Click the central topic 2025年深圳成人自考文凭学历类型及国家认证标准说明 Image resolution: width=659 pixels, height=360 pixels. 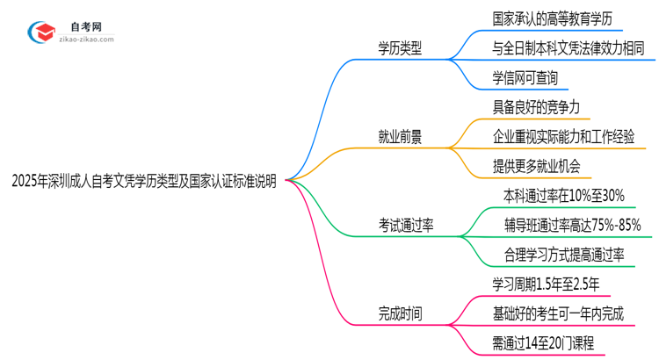click(144, 182)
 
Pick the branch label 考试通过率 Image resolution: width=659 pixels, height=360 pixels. click(405, 225)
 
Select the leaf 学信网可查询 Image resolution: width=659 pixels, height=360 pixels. click(525, 77)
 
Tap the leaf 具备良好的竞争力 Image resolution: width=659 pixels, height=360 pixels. click(536, 107)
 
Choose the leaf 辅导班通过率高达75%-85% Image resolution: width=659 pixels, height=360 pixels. click(573, 225)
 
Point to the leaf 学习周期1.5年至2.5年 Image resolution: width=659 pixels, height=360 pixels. click(547, 284)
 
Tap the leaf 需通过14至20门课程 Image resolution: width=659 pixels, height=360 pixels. click(543, 342)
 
